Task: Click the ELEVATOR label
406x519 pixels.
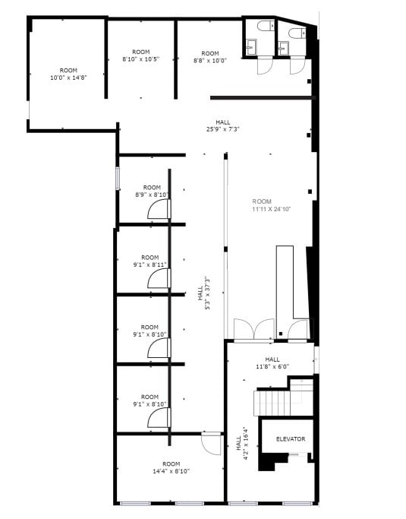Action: coord(290,438)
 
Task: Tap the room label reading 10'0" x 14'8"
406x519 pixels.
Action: coord(68,74)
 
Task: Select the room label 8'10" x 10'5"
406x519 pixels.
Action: coord(140,55)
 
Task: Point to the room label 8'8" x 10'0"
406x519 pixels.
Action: coord(210,57)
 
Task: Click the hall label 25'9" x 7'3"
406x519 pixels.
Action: coord(222,126)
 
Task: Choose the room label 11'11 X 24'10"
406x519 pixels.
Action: coord(272,205)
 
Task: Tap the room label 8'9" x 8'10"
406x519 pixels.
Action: coord(152,191)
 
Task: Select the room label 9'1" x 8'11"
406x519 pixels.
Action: coord(149,261)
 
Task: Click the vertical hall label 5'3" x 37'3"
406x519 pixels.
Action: coord(203,293)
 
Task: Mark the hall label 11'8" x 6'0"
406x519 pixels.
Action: coord(272,363)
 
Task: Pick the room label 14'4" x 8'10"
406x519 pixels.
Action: coord(171,467)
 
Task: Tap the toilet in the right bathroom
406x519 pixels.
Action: coord(296,32)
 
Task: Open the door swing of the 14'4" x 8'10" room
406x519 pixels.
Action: coord(209,444)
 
